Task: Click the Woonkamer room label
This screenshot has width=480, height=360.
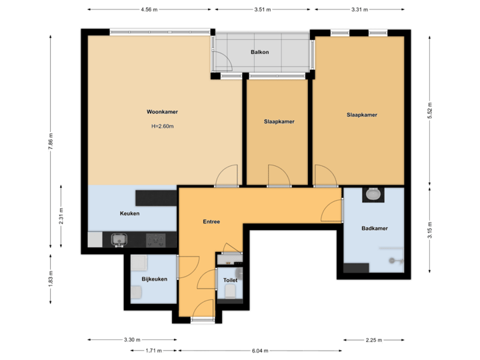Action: click(162, 112)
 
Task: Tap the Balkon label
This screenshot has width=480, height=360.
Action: click(259, 52)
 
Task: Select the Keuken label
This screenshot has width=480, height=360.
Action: click(129, 214)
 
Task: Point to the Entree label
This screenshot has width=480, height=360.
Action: click(211, 221)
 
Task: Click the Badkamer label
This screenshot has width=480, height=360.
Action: click(375, 228)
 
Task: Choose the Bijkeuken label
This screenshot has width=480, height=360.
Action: click(154, 279)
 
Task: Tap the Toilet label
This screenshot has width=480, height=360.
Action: click(230, 281)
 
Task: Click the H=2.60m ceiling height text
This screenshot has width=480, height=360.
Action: click(162, 126)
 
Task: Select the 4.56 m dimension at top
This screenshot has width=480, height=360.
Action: click(149, 9)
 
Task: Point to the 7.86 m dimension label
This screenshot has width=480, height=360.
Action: click(51, 141)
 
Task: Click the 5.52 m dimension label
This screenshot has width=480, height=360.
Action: click(430, 110)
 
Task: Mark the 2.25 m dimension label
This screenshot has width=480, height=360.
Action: click(375, 340)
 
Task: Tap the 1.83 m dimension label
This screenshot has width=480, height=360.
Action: click(51, 279)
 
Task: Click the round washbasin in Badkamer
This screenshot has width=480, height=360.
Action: click(373, 195)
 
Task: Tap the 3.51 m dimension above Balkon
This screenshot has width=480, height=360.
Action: click(263, 9)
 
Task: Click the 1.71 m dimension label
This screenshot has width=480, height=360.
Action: click(153, 350)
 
